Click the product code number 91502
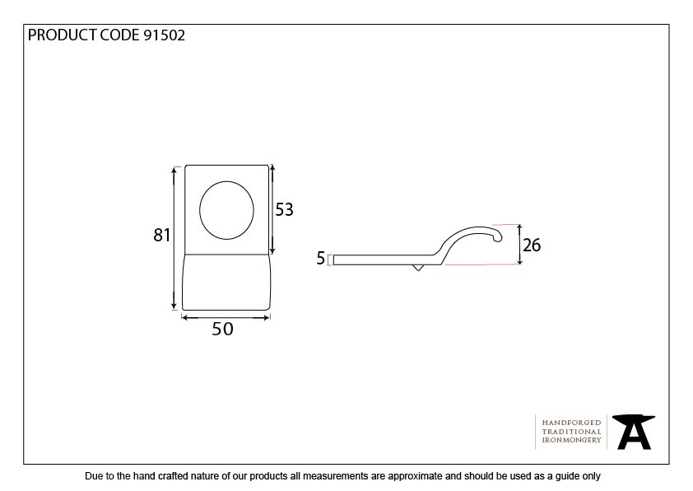pos(165,35)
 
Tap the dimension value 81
pos(162,235)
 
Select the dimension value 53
pos(284,210)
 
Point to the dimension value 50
pos(222,329)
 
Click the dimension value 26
pos(532,245)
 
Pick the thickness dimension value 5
pos(320,259)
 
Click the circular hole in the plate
pos(226,210)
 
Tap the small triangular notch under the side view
pos(417,268)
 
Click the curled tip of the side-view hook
pos(498,238)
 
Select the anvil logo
pos(634,432)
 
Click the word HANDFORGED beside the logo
pos(571,423)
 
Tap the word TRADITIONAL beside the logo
pos(571,432)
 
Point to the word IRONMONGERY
pos(571,440)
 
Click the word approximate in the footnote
pos(416,476)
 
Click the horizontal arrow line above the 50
pos(226,317)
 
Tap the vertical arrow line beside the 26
pos(520,245)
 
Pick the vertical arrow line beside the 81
pos(174,238)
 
